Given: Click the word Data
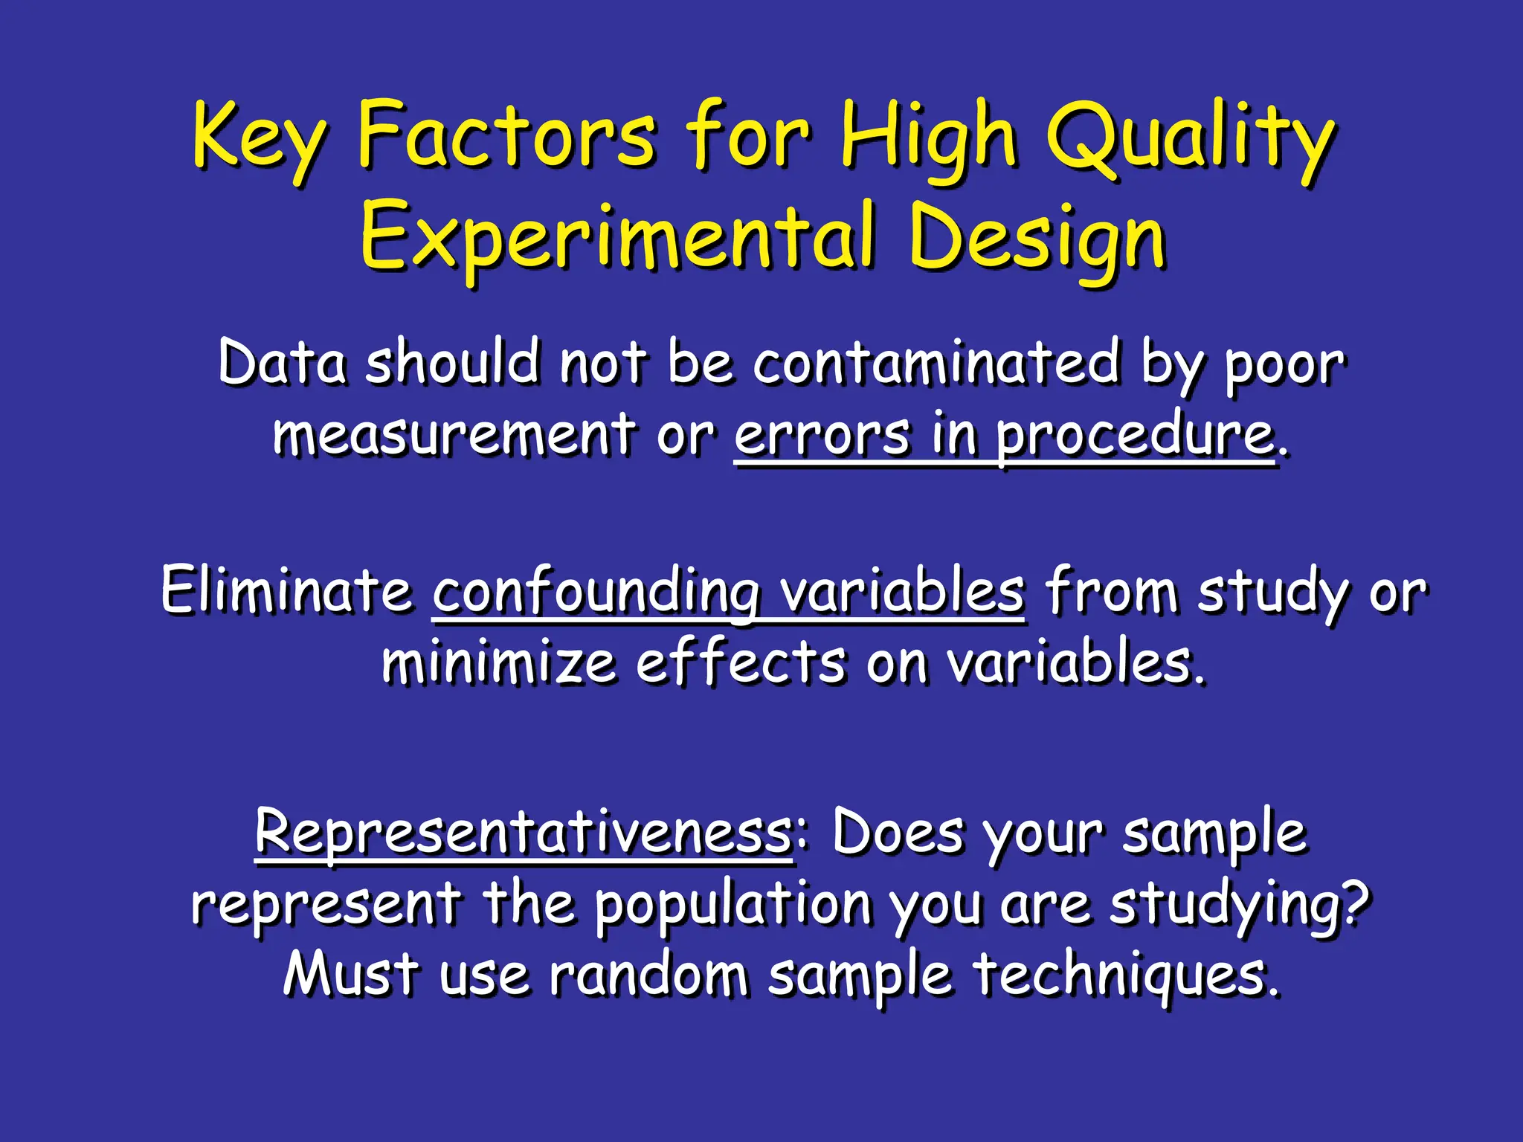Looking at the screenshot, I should coord(283,363).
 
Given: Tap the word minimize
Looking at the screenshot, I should coord(498,663).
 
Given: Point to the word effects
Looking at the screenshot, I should coord(740,663).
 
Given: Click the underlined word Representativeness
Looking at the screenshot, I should coord(524,833).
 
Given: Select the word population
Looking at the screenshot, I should coord(732,906).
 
